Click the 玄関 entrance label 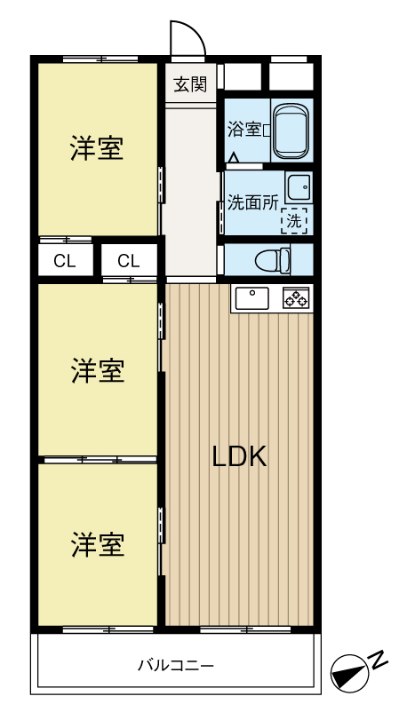click(190, 84)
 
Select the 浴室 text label click(244, 130)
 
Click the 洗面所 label click(252, 202)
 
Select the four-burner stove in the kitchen click(296, 298)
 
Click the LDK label click(239, 456)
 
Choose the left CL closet click(64, 261)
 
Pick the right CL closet click(129, 261)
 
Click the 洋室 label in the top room click(97, 149)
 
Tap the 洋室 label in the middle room click(97, 370)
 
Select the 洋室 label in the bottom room click(97, 543)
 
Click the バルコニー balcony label click(176, 664)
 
